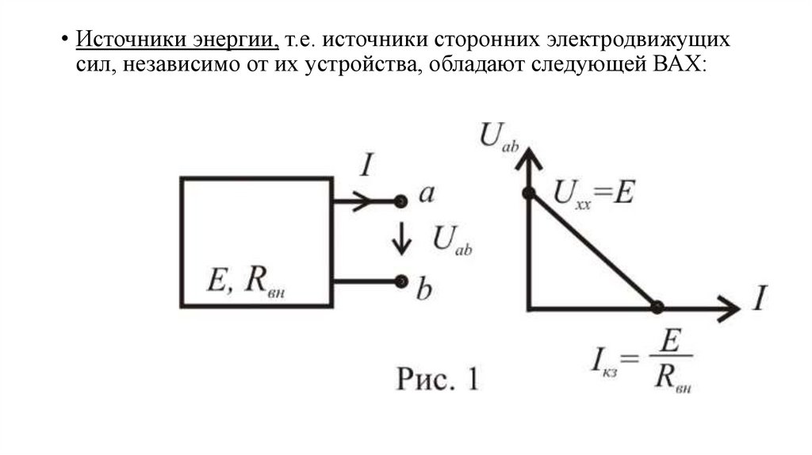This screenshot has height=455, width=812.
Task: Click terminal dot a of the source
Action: [401, 201]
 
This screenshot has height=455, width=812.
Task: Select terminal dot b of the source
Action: [401, 281]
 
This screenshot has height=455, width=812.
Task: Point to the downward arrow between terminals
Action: [402, 239]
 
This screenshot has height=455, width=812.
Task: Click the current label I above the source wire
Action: [366, 166]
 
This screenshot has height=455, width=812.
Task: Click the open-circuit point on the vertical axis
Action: [528, 193]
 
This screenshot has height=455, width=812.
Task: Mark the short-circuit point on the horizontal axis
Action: [657, 307]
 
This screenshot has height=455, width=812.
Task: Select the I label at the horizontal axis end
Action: [759, 299]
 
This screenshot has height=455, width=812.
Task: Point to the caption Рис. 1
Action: [437, 379]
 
